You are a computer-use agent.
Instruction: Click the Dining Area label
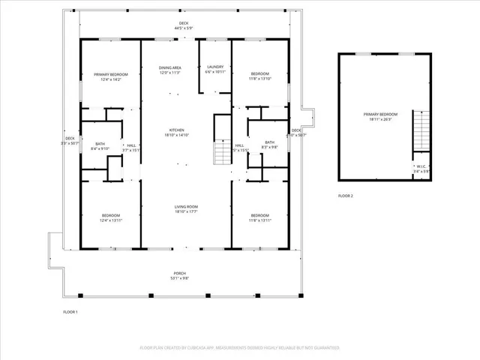170,70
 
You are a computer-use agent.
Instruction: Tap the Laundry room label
215,70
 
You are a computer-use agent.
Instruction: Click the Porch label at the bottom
180,275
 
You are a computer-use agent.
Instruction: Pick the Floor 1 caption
70,311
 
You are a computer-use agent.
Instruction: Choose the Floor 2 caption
345,196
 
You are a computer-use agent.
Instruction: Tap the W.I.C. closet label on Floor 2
421,169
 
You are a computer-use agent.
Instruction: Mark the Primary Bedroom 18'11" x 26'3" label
380,116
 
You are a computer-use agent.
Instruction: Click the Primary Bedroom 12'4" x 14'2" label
110,76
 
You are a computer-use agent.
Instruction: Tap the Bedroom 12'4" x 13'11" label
110,217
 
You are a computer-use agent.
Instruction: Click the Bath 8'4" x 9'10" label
100,147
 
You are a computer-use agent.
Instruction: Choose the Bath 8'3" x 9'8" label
269,145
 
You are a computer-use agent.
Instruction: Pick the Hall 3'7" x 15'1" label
131,148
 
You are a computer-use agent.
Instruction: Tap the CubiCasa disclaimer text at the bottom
240,348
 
